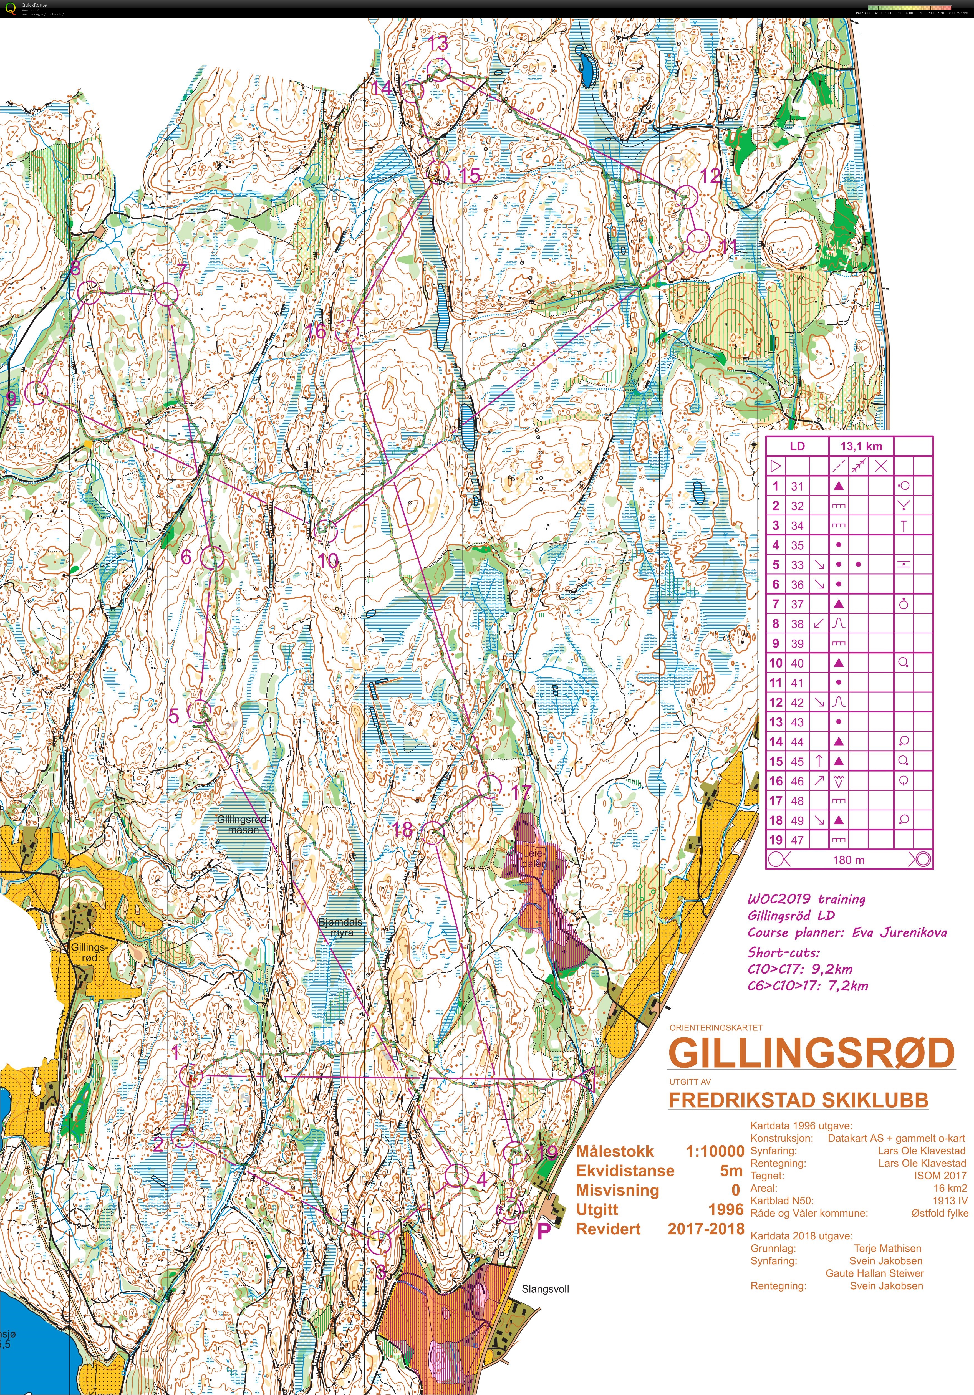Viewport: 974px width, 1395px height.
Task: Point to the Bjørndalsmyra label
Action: click(342, 927)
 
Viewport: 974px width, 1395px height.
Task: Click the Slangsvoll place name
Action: click(545, 1289)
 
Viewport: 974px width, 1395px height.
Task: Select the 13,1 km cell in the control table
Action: click(861, 446)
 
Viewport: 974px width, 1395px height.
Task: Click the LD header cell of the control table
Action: click(797, 446)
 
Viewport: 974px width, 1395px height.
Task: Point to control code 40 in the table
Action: click(797, 663)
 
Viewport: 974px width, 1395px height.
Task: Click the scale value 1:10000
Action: click(715, 1151)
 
